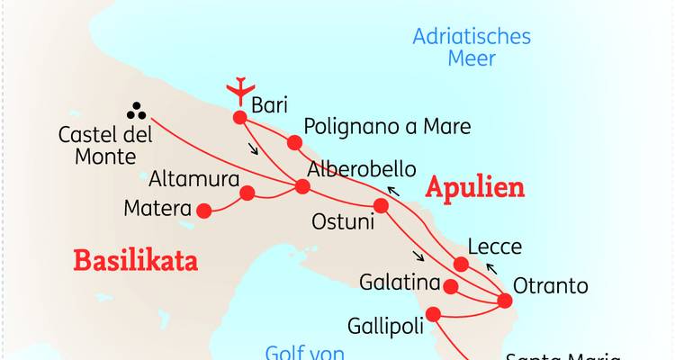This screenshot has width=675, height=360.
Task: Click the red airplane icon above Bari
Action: point(238,90)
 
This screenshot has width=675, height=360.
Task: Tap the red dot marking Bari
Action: point(239,117)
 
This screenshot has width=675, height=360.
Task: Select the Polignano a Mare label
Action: point(387,127)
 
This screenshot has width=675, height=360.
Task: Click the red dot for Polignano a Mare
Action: point(293,142)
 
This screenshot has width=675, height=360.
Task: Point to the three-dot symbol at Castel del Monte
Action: point(138,110)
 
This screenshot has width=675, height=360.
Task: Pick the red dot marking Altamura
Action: point(247,193)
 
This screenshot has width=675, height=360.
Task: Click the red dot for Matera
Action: point(204,211)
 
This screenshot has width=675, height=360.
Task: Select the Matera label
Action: point(156,210)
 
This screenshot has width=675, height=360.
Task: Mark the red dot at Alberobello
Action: point(302,187)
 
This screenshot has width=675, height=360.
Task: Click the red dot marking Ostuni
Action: point(381,205)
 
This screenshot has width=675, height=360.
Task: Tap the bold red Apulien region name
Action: point(474,188)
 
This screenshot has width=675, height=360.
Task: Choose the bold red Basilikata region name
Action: point(135,261)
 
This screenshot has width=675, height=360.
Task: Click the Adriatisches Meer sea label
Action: point(472,48)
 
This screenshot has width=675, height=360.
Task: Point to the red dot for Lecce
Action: point(461,264)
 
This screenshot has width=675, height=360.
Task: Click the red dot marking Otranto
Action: point(501,299)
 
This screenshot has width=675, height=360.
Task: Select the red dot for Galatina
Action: point(452,287)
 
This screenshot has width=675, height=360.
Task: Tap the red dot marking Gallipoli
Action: point(433,314)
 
